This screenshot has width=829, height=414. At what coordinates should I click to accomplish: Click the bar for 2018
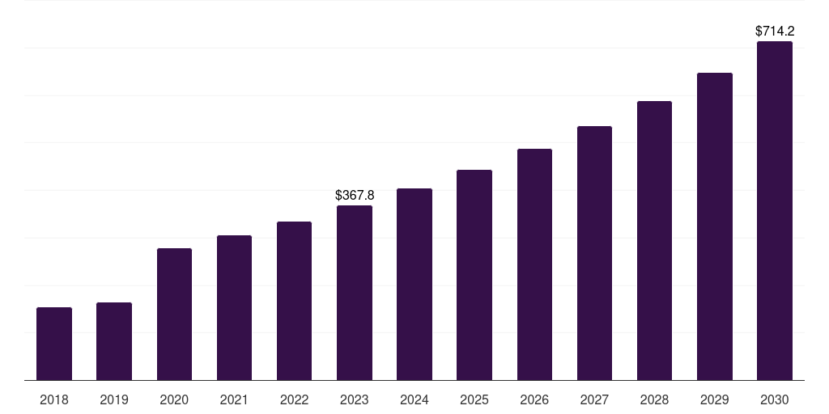point(54,344)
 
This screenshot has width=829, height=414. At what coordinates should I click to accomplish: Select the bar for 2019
point(114,341)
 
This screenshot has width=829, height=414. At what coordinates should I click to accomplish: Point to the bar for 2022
point(294,301)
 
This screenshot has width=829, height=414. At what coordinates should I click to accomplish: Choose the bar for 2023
point(355,293)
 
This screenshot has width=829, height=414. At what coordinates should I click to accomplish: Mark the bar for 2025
point(474,275)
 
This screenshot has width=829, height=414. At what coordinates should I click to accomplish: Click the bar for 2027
point(594,253)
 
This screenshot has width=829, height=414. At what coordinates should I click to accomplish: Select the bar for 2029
point(715,226)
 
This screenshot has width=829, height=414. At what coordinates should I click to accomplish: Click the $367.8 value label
point(355,196)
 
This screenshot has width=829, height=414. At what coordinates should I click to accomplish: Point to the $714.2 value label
point(775,32)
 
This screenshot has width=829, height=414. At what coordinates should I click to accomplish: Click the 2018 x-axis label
point(54,399)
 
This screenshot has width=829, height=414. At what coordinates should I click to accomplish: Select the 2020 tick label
point(174,399)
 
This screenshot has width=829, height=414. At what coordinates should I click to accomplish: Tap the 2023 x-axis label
point(355,399)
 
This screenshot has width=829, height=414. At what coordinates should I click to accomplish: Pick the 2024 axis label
point(414,399)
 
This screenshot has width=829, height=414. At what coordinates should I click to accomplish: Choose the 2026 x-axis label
point(534,399)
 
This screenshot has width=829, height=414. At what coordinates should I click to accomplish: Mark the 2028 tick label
point(654,399)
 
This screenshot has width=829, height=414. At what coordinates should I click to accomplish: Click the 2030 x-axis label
point(775,399)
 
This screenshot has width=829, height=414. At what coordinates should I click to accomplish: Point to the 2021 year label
point(234,399)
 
